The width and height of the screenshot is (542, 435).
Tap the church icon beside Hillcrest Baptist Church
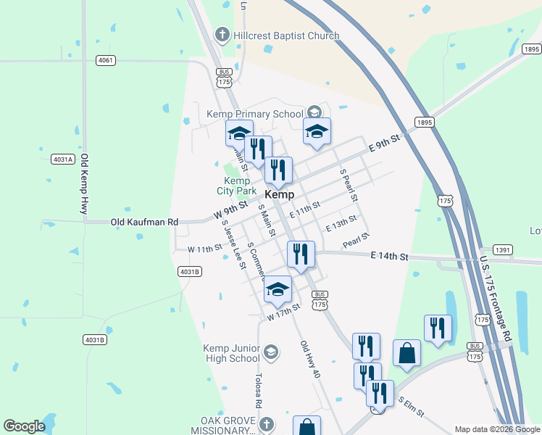(x=222, y=34)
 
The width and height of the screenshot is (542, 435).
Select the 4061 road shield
(x=105, y=60)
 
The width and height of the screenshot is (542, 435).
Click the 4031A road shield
(x=63, y=159)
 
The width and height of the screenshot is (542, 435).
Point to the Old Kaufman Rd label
(x=144, y=222)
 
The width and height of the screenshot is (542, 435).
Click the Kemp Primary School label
(x=254, y=114)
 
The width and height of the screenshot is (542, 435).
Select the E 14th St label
(x=390, y=256)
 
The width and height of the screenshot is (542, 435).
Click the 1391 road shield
(x=503, y=249)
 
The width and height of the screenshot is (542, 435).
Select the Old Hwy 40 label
(x=309, y=360)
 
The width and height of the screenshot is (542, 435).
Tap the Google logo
(x=24, y=426)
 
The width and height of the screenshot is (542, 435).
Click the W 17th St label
(x=283, y=313)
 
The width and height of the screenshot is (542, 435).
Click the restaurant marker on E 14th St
(x=301, y=254)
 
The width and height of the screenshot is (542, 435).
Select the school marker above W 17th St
(x=278, y=289)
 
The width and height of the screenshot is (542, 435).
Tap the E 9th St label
(x=384, y=143)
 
